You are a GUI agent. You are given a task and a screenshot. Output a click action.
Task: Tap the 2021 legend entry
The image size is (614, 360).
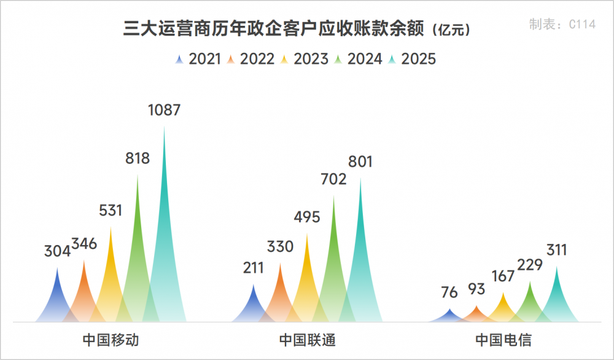198,59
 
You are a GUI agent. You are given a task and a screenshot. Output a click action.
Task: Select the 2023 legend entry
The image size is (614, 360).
305,59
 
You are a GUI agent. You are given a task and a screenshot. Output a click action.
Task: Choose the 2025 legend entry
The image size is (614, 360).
412,59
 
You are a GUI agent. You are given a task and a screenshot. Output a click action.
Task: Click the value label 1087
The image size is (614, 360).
164,111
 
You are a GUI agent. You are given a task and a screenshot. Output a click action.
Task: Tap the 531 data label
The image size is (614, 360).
111,211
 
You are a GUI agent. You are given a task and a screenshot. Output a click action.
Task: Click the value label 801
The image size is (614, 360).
360,162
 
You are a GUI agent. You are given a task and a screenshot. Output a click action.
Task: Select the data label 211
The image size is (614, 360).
254,268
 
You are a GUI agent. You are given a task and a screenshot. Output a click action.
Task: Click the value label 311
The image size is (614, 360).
557,250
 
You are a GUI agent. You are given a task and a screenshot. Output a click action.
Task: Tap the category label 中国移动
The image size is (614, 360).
111,340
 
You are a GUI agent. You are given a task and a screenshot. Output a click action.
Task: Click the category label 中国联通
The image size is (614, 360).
307,340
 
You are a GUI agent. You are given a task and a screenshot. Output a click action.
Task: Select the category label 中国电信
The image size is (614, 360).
503,340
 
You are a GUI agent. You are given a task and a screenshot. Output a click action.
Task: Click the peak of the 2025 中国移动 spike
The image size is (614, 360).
164,127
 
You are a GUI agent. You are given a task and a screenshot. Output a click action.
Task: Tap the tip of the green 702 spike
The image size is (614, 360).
333,197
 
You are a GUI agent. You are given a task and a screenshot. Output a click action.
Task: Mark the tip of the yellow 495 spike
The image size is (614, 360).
307,234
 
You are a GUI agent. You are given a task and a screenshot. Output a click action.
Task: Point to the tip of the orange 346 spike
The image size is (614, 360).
84,260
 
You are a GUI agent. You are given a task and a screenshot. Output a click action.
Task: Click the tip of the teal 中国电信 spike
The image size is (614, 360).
557,267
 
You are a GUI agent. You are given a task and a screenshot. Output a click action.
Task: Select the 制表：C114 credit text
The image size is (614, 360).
562,25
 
